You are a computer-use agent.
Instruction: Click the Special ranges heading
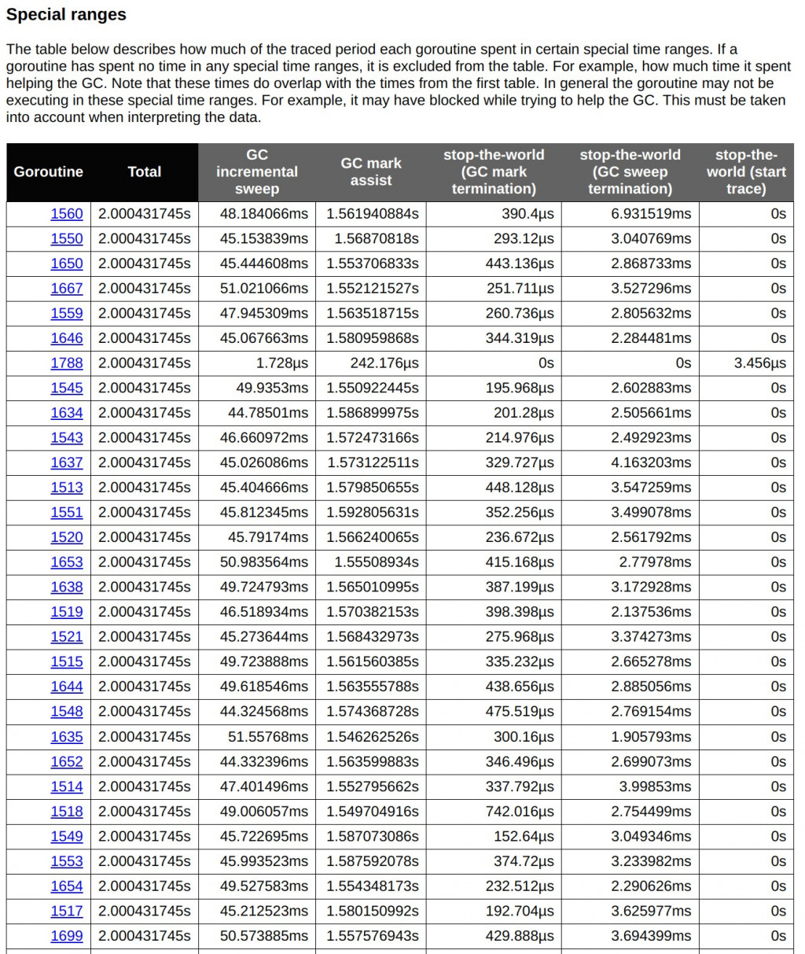coord(66,14)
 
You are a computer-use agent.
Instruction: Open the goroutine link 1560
coord(67,214)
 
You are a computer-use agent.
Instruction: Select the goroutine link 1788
coord(67,363)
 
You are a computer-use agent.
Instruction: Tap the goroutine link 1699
coord(67,936)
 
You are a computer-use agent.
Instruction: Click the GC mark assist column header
coord(371,171)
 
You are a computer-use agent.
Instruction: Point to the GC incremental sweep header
coord(257,171)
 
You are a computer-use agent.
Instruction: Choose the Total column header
coord(145,171)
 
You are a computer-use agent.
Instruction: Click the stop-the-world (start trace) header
coord(746,171)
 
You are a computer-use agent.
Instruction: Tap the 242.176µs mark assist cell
coord(384,363)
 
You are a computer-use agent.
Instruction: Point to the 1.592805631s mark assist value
coord(373,512)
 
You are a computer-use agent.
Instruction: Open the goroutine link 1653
coord(67,562)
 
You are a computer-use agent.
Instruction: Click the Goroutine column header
coord(48,171)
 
